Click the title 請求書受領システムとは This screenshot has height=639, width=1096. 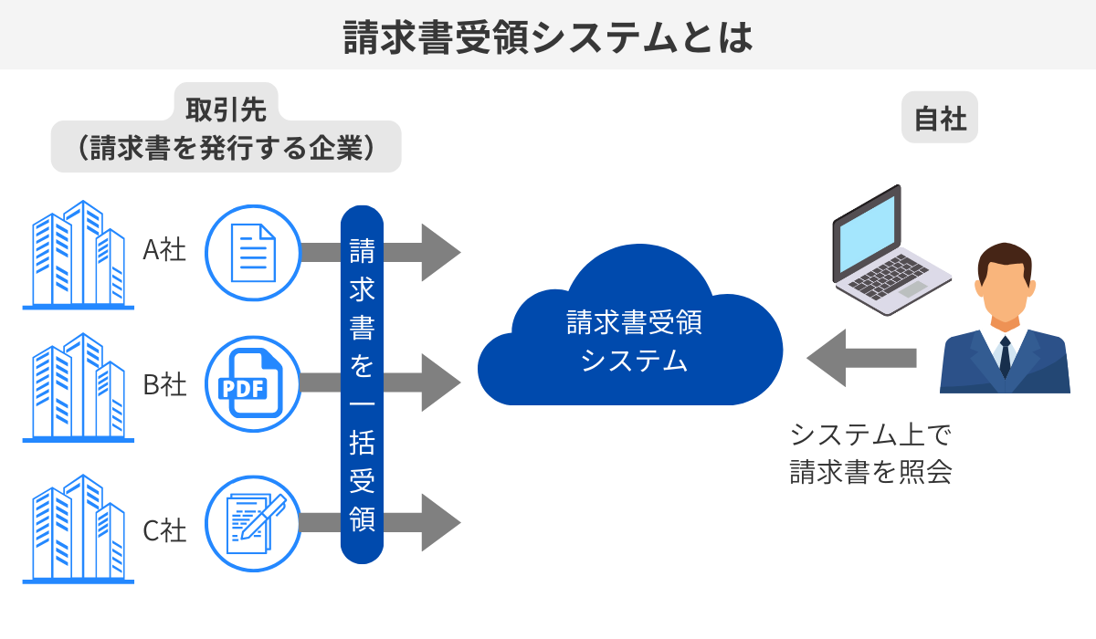(x=548, y=37)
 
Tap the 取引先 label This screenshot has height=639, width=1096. (x=226, y=109)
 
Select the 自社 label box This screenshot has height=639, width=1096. (x=940, y=118)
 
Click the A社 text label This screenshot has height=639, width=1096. (x=164, y=249)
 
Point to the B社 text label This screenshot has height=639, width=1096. (x=164, y=384)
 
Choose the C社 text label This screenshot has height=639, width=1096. (x=164, y=529)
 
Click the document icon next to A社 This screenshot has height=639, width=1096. (x=253, y=252)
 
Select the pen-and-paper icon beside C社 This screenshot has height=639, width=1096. (x=253, y=524)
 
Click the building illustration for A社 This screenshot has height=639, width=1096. (x=79, y=256)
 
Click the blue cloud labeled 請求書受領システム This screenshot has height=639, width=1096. (x=630, y=338)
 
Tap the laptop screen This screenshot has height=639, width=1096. (x=868, y=232)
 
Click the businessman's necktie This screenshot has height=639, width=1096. (x=1005, y=356)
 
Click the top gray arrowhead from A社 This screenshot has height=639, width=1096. (x=438, y=252)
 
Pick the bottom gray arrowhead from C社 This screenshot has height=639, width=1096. (x=438, y=522)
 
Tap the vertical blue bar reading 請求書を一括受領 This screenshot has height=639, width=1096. (x=362, y=383)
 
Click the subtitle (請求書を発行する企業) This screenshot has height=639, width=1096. (x=226, y=148)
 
